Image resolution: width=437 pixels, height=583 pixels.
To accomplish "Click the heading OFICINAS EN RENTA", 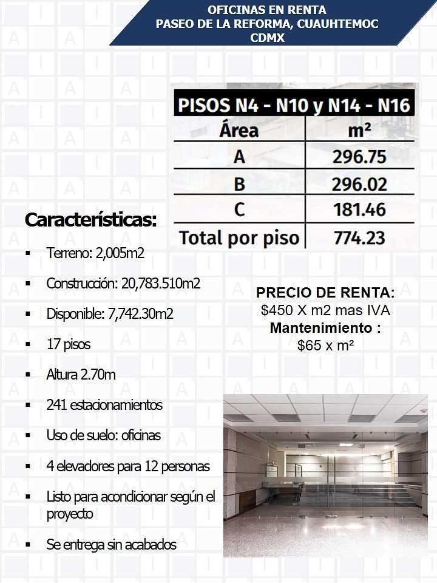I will coord(267,10).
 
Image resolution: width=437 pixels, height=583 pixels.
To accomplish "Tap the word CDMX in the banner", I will coord(267,37).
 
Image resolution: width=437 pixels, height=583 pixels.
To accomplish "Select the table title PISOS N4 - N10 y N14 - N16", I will coord(294,106).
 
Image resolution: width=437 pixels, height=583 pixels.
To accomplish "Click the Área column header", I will coord(239,130).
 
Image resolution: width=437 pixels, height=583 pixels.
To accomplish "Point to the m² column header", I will coord(360,130).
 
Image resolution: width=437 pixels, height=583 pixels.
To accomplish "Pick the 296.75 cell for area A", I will coord(359,157).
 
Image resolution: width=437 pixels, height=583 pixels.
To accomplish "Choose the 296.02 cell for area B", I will coord(359,183).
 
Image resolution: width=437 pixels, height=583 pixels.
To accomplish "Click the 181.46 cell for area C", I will coord(359,210).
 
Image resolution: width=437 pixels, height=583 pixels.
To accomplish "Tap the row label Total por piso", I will coord(239,237).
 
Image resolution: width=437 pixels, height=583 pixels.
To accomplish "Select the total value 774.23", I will coord(359,237).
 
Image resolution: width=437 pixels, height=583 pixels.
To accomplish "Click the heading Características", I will coord(90,220).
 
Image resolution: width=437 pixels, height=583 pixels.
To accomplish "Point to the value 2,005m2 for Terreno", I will coord(120,253).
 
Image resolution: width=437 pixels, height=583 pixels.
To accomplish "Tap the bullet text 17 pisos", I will coord(69,344).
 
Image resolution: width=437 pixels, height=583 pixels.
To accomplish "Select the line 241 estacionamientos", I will coord(104,405).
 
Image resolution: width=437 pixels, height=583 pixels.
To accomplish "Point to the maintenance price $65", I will coord(308,346).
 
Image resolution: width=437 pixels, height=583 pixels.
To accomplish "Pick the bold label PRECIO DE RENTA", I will coord(325,293).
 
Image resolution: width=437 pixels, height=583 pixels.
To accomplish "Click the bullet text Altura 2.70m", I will coord(81,375).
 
